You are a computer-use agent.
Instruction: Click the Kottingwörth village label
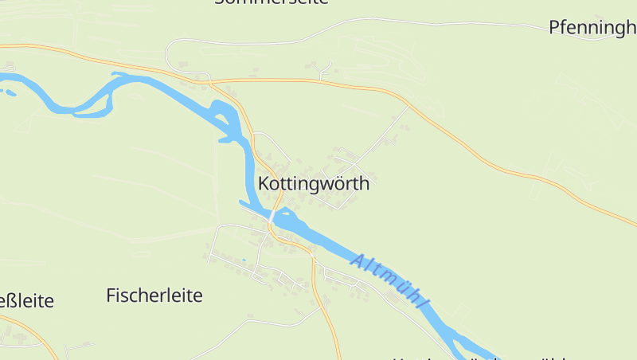pos(314,184)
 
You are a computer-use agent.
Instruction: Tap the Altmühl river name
pos(390,283)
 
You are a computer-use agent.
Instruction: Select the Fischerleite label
pos(154,295)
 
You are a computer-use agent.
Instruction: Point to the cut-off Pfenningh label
pos(592,28)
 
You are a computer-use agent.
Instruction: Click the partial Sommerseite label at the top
pos(272,2)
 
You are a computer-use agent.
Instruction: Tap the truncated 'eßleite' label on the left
pos(26,301)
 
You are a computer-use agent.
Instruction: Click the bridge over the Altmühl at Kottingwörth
pos(273,216)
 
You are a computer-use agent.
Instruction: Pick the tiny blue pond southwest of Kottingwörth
pos(243,260)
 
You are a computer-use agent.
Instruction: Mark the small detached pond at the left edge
pos(9,92)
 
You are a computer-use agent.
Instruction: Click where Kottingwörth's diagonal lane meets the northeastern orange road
pos(408,105)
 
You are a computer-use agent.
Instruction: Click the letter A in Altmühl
pos(358,260)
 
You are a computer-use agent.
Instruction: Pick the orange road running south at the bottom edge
pos(335,342)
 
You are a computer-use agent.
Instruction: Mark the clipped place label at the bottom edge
pos(478,357)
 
